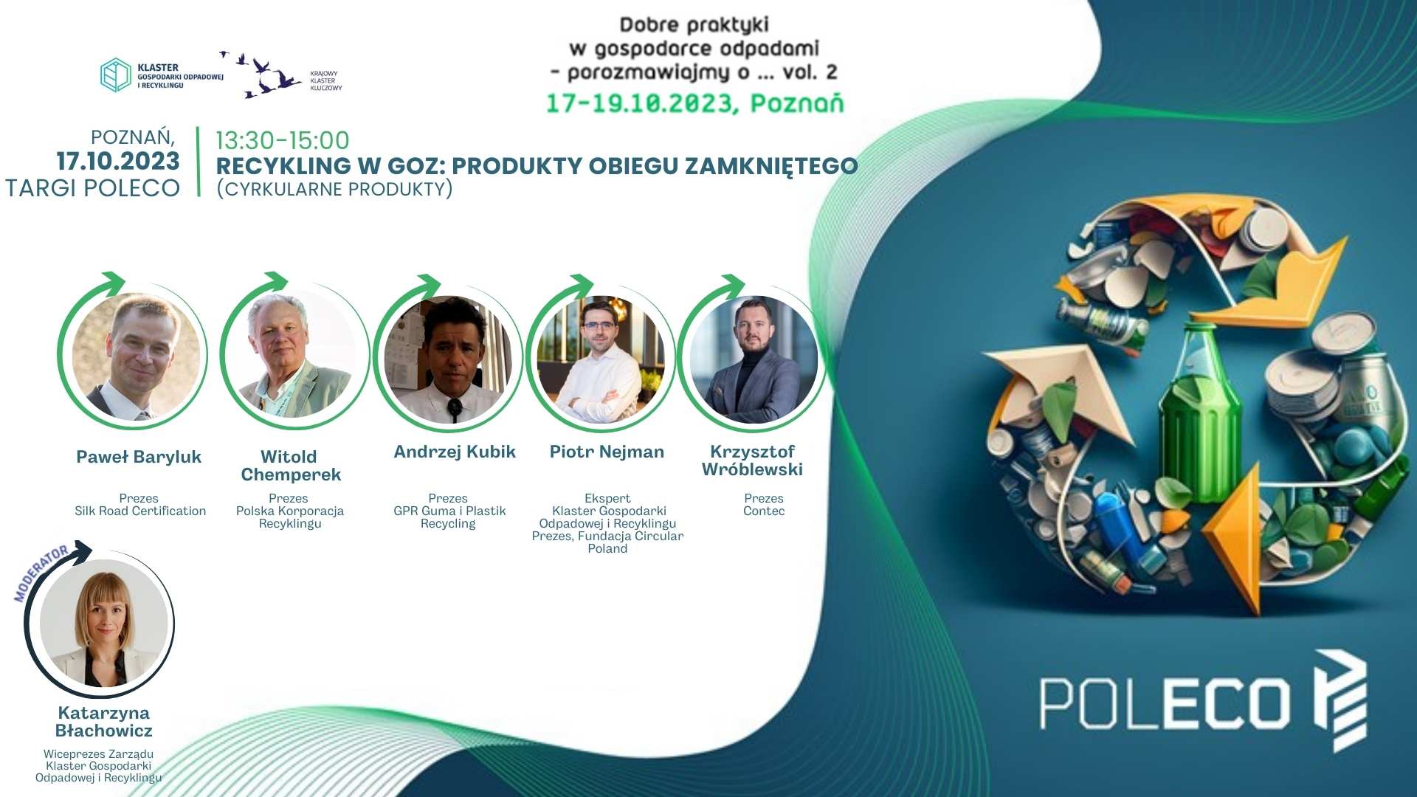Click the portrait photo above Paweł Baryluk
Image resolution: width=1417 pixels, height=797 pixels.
point(137,356)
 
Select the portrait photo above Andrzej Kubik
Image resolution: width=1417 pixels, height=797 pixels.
point(449,359)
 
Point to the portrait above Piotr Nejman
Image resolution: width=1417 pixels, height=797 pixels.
point(601,359)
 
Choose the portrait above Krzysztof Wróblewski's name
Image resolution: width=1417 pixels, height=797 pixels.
point(754,359)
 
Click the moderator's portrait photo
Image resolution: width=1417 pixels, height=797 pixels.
point(104,623)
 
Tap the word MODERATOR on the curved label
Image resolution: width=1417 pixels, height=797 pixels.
point(41,573)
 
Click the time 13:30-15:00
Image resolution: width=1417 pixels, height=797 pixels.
point(283,140)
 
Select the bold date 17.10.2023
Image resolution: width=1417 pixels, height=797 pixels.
point(118,161)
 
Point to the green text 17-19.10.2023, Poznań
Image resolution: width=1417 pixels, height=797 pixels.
point(694,103)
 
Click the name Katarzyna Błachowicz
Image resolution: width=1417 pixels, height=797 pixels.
point(104,722)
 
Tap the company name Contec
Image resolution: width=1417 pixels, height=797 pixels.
point(764,511)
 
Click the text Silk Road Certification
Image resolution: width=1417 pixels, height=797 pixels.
point(140,511)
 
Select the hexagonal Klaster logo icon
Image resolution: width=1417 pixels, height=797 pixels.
point(116,75)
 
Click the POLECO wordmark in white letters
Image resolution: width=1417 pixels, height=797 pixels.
point(1165,705)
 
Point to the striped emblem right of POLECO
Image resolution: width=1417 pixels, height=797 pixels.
point(1340,700)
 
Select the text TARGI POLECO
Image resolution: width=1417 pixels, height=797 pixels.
point(92,188)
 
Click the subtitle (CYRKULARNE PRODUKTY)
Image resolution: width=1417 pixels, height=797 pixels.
point(334,190)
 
